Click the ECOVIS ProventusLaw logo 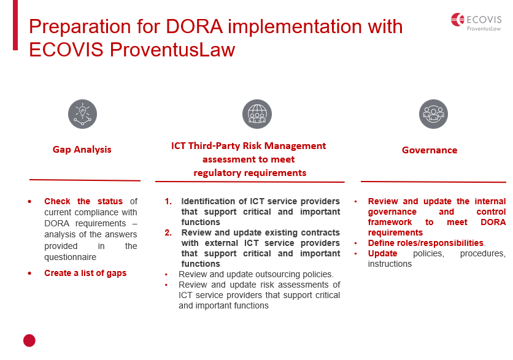476,22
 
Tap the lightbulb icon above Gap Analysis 82,114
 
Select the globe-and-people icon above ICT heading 257,114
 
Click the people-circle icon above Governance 433,114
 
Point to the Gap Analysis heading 82,150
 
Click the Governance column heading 430,150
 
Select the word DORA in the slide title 195,26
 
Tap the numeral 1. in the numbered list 168,201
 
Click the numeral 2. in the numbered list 168,232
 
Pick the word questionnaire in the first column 71,258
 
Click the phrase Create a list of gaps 85,273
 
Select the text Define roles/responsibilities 426,243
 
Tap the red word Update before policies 382,253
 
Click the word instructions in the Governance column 390,264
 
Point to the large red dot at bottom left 29,340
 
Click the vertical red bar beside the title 15,25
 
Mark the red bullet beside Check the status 30,201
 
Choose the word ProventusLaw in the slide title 172,50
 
